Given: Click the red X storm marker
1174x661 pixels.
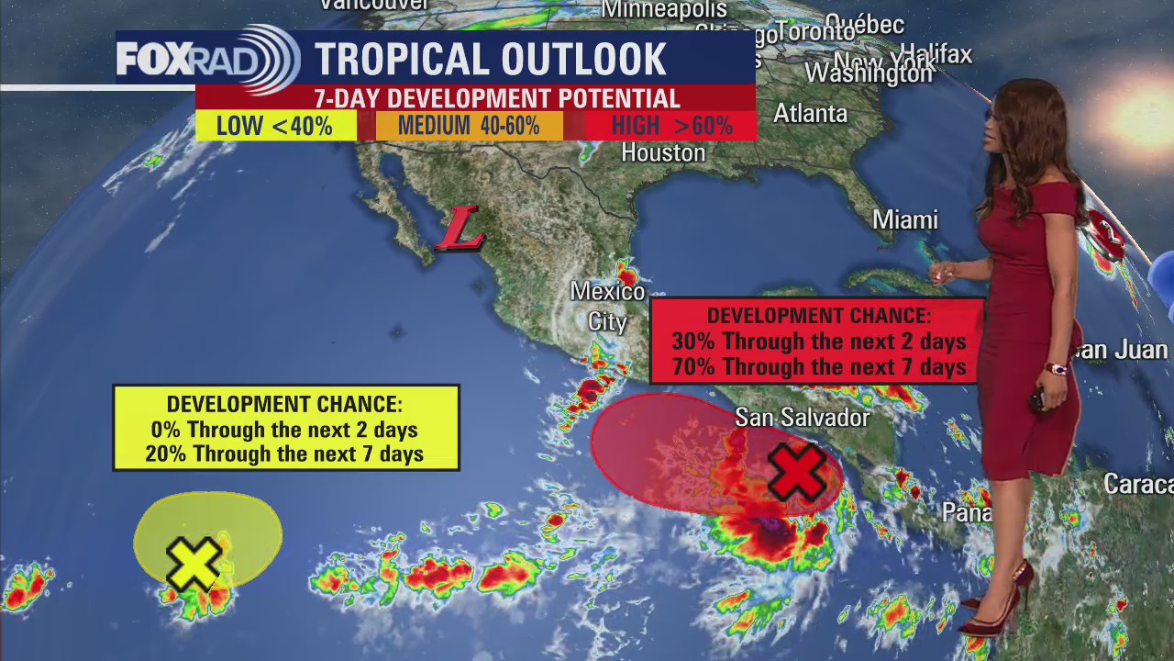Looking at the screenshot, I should tap(795, 472).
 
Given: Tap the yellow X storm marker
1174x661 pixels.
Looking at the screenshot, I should tap(194, 563).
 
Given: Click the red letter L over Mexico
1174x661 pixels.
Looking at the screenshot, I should tap(460, 229).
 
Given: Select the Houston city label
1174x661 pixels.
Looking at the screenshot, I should tap(663, 152).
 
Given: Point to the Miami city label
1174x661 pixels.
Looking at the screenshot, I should tap(904, 220).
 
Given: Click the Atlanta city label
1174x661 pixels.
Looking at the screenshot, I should tap(810, 114).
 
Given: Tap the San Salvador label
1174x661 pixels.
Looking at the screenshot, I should tap(802, 418).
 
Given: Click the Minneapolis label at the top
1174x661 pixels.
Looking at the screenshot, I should tap(664, 10).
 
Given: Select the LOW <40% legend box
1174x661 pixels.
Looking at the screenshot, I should tap(275, 126).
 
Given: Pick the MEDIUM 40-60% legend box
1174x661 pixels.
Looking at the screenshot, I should tap(469, 126).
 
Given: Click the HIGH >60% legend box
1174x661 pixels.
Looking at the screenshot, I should tap(671, 126).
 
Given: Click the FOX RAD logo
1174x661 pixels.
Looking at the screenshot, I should tap(207, 60).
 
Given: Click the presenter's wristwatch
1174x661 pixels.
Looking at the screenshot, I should tap(1057, 369).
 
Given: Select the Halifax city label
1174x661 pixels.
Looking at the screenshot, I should tap(936, 54).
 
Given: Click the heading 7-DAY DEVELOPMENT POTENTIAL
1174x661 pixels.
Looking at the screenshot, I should tap(496, 98).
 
